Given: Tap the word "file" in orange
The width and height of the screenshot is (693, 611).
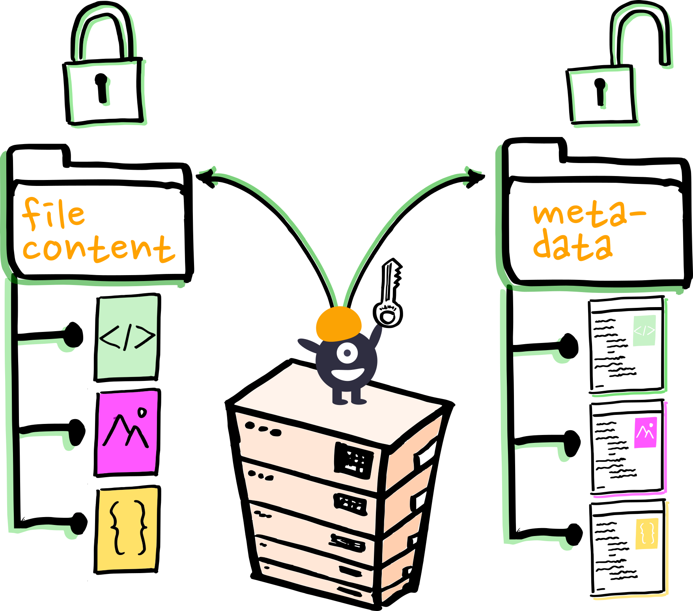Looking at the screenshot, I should coord(53,214).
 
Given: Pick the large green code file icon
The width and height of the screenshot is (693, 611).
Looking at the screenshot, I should coord(127,337).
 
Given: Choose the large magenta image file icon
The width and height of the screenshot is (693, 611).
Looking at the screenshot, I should coord(127,432).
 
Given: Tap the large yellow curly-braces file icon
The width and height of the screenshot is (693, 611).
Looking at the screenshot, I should coord(127,529).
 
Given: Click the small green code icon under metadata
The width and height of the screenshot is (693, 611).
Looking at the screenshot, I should coord(644,330).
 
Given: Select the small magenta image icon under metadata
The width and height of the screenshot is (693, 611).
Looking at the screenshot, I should coord(645,432).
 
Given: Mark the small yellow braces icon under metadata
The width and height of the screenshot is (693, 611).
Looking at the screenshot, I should coord(647,533).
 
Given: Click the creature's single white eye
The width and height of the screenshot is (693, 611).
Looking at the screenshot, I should coord(347,352).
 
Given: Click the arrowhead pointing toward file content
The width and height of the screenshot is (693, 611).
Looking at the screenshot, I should coord(211,174).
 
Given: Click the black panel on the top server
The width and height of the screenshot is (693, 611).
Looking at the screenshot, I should coord(353,460).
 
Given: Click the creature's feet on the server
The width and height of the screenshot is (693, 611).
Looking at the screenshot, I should coord(349,401).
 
